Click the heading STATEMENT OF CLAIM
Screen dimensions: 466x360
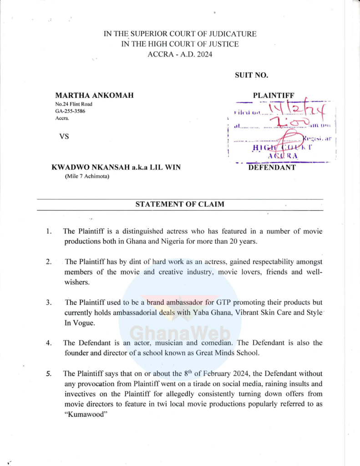tap(180, 204)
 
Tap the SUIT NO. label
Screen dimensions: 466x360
tap(251, 75)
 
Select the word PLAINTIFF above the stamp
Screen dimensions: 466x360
tap(274, 95)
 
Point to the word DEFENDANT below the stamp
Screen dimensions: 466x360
tap(272, 167)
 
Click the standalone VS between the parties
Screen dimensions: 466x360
tap(64, 137)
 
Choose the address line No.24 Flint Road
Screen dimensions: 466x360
tap(74, 104)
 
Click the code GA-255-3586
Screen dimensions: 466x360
tap(70, 111)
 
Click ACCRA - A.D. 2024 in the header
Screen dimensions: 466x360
tap(180, 55)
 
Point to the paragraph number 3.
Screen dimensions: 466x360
tap(49, 302)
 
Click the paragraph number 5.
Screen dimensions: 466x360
tap(49, 374)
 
